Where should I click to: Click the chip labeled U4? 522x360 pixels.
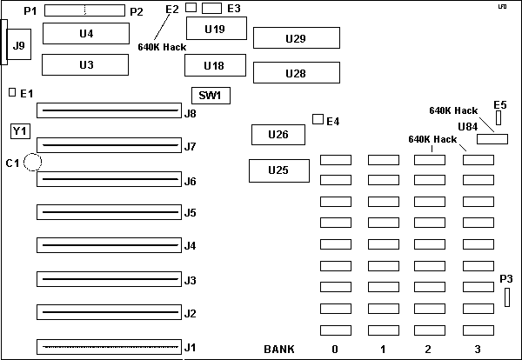click(x=85, y=33)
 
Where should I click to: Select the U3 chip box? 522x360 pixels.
click(x=85, y=65)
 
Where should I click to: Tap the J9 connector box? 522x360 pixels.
click(x=17, y=43)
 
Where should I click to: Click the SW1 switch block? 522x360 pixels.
click(x=210, y=96)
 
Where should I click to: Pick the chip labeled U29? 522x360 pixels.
click(x=295, y=39)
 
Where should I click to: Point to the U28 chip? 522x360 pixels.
click(x=295, y=74)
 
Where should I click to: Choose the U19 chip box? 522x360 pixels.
click(x=214, y=30)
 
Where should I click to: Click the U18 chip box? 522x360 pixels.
click(x=214, y=66)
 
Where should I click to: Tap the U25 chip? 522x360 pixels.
click(x=278, y=170)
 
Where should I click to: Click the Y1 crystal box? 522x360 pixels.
click(x=19, y=131)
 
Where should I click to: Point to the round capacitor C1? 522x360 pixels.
click(x=34, y=162)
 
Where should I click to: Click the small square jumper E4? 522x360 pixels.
click(x=317, y=119)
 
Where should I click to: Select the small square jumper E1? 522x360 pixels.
click(x=12, y=92)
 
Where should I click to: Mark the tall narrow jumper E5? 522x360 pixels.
click(x=499, y=117)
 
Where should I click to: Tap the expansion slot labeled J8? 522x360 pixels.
click(x=109, y=112)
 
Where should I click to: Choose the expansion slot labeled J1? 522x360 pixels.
click(x=109, y=348)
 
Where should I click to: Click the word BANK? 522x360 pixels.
click(x=279, y=349)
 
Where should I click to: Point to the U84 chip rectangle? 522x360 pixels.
click(x=492, y=140)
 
